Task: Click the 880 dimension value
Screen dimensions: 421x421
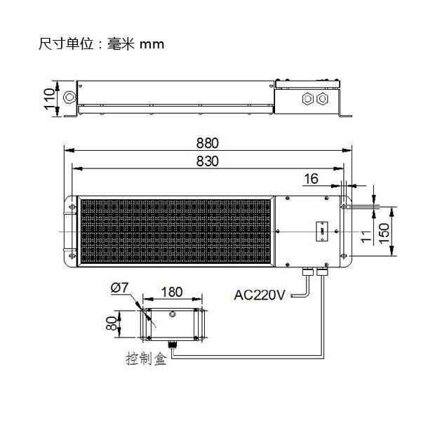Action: tap(208, 142)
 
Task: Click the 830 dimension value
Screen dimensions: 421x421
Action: tap(208, 161)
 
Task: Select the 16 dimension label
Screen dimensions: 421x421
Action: tap(311, 179)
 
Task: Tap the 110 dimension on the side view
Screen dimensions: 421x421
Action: tap(50, 98)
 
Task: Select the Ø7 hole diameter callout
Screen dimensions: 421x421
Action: tap(119, 287)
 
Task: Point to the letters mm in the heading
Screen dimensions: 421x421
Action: tap(152, 44)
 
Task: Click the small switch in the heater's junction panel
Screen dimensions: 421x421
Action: tap(319, 230)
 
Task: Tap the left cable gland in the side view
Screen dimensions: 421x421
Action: tap(307, 98)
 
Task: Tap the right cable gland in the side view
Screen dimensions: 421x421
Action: tap(322, 98)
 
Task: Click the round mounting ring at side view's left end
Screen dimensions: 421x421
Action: tap(69, 97)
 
